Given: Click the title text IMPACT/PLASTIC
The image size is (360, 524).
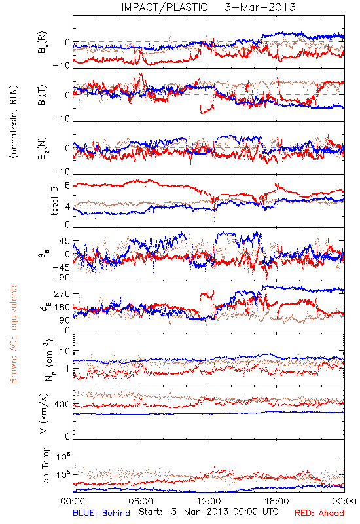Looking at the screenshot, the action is pyautogui.click(x=164, y=7).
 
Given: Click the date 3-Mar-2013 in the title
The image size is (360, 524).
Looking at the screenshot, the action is pyautogui.click(x=260, y=7).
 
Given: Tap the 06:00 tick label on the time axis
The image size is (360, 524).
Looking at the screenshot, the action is pyautogui.click(x=141, y=502).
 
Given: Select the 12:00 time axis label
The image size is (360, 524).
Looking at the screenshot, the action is pyautogui.click(x=209, y=502).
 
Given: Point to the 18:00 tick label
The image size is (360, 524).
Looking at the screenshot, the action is pyautogui.click(x=277, y=502).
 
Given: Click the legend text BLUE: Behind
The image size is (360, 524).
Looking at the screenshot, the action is pyautogui.click(x=101, y=513).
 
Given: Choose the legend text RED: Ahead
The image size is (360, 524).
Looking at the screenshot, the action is pyautogui.click(x=319, y=513).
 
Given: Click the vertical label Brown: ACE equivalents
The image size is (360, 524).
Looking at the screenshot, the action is pyautogui.click(x=13, y=333).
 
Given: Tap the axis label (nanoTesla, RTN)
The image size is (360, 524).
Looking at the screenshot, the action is pyautogui.click(x=14, y=122).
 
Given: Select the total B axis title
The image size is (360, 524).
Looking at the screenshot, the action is pyautogui.click(x=54, y=200).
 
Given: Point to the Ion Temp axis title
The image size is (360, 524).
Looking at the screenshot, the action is pyautogui.click(x=45, y=466).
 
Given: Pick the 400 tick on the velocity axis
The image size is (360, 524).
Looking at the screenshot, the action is pyautogui.click(x=62, y=405).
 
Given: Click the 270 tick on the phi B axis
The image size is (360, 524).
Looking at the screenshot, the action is pyautogui.click(x=62, y=293).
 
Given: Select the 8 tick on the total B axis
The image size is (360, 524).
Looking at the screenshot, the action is pyautogui.click(x=67, y=185).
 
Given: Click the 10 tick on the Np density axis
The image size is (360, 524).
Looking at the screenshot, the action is pyautogui.click(x=65, y=352).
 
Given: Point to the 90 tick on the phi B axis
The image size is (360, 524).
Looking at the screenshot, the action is pyautogui.click(x=65, y=320).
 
